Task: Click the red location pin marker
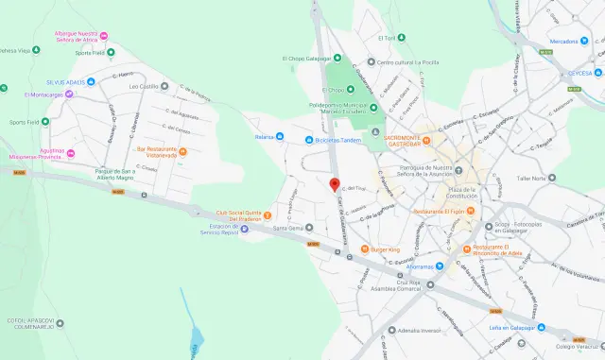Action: click(334, 184)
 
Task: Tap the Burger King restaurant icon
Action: click(365, 249)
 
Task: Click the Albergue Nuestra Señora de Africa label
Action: click(78, 36)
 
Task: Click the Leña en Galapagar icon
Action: click(542, 327)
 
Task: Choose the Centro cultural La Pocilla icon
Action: click(371, 62)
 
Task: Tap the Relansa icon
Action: click(282, 137)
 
